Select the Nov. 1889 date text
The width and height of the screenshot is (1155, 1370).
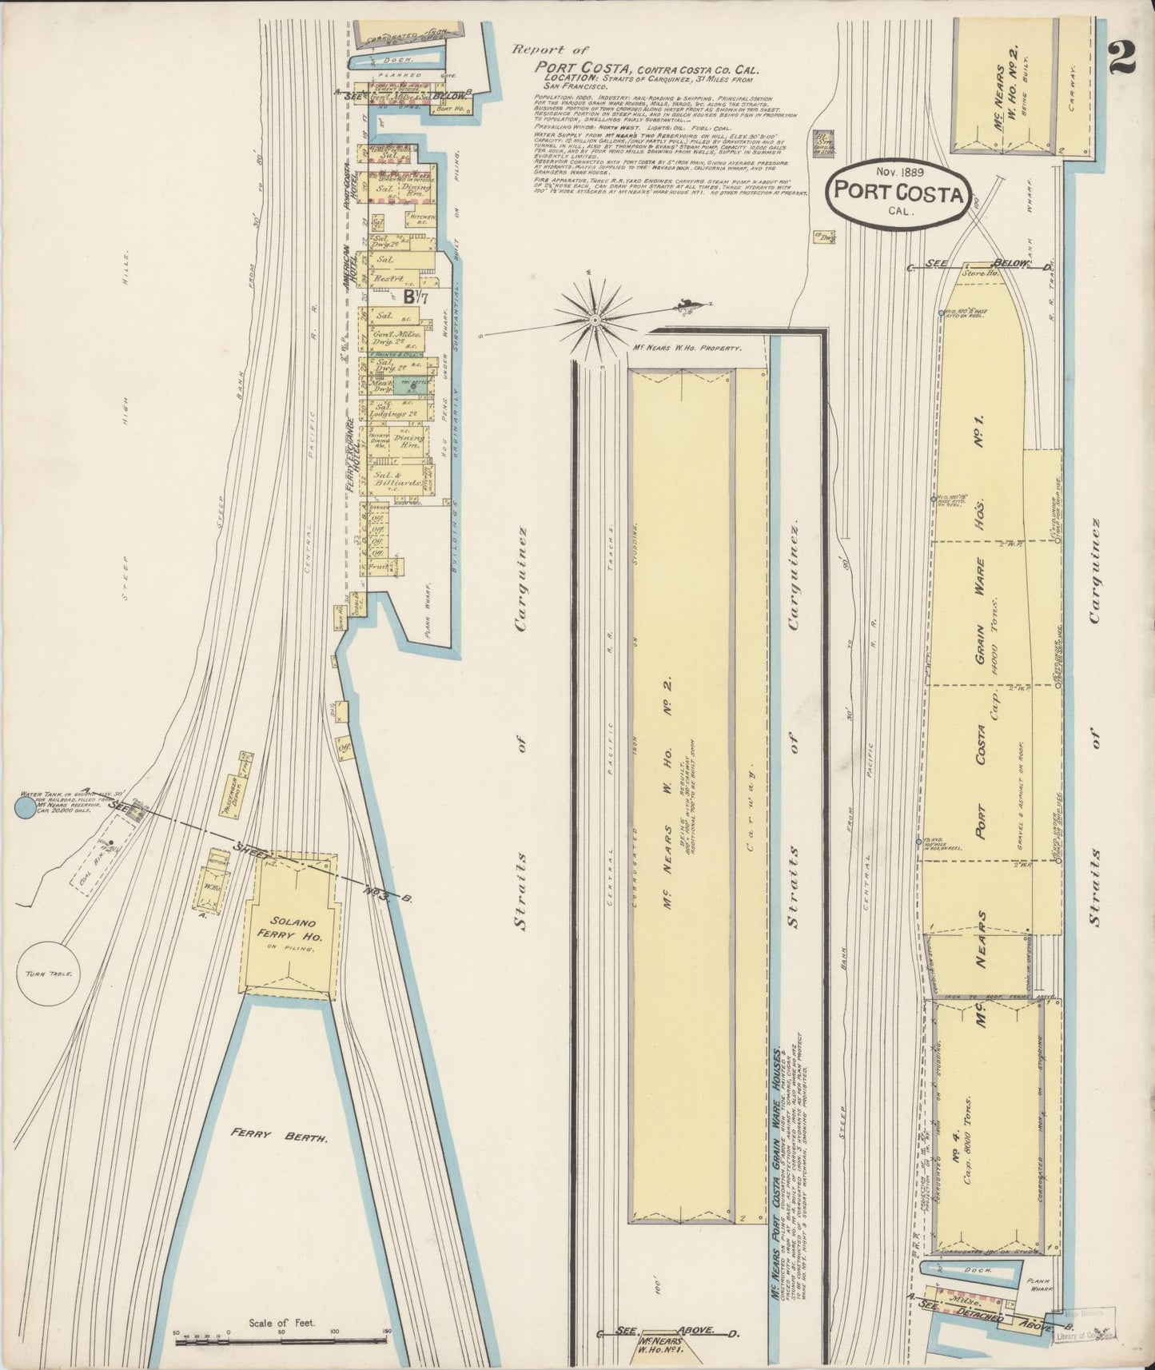tap(898, 171)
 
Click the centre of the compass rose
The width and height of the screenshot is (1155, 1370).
tap(595, 320)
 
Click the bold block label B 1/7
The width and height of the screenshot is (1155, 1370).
tap(414, 297)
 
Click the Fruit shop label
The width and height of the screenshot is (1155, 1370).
tap(378, 567)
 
